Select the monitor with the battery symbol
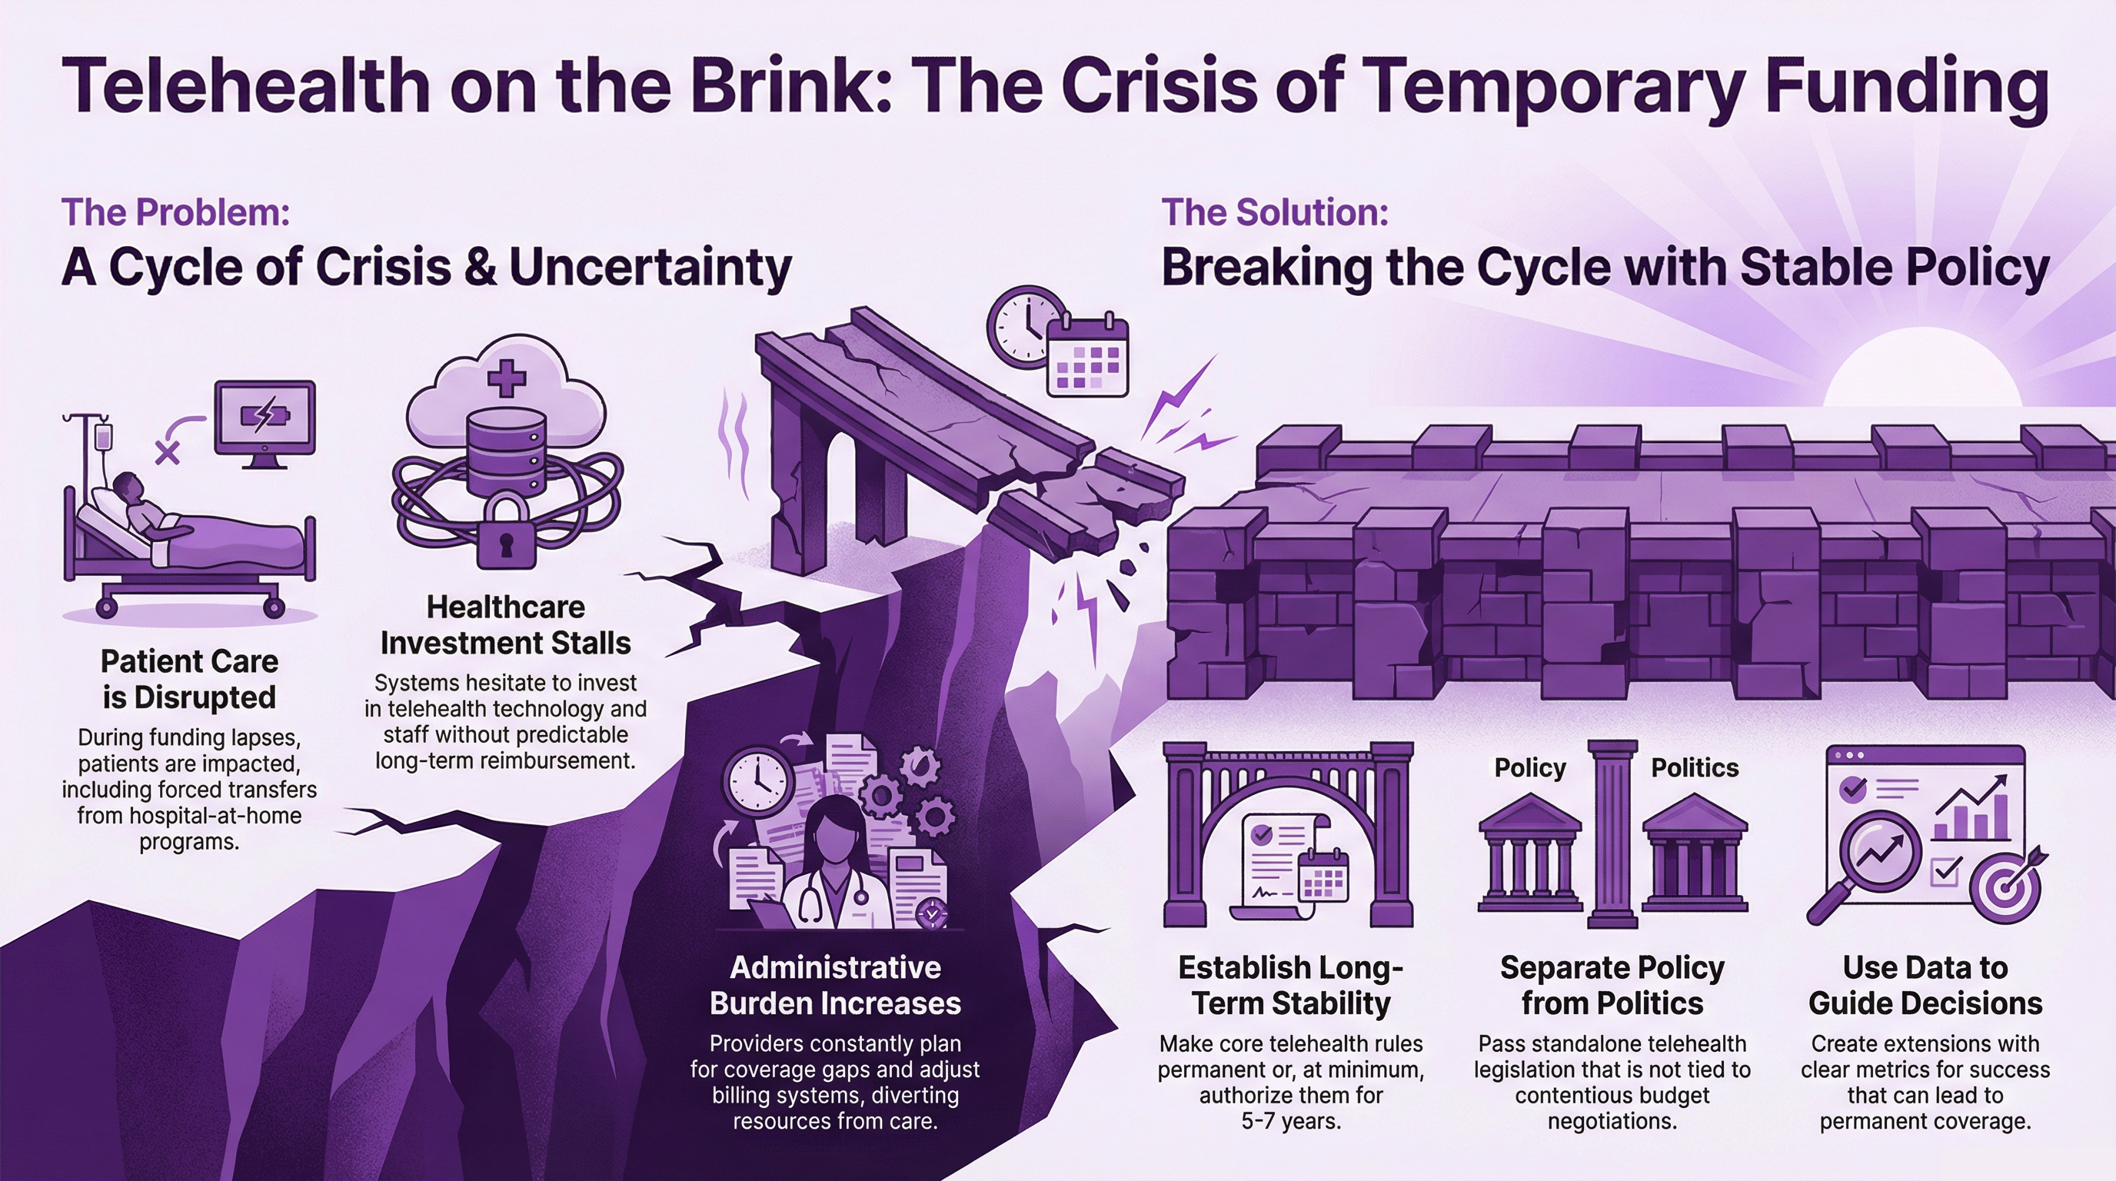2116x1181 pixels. point(264,419)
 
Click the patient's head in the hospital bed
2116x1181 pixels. point(128,490)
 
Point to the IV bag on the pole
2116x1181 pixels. point(104,436)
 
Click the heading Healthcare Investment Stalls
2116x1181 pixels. point(505,625)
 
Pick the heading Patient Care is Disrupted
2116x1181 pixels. point(189,679)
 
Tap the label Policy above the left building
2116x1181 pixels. point(1529,768)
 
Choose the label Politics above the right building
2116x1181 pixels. point(1695,768)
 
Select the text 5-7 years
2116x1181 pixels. point(1290,1121)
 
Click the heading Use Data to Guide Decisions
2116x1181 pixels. point(1925,986)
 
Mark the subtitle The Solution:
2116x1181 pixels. point(1274,213)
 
